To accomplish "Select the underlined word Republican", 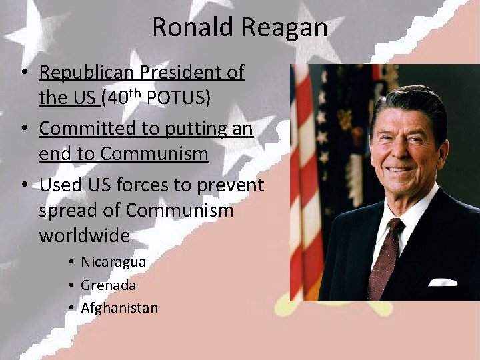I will (87, 73).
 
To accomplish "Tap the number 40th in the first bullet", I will (124, 97).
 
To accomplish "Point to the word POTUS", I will (178, 98).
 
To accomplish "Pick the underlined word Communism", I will (154, 154).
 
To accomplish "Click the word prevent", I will (231, 185).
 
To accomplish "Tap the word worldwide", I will (84, 236).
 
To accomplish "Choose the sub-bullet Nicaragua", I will (113, 262).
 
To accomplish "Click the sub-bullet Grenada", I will (108, 285).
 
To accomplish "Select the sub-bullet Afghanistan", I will (119, 308).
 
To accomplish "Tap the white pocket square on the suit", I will (443, 281).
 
